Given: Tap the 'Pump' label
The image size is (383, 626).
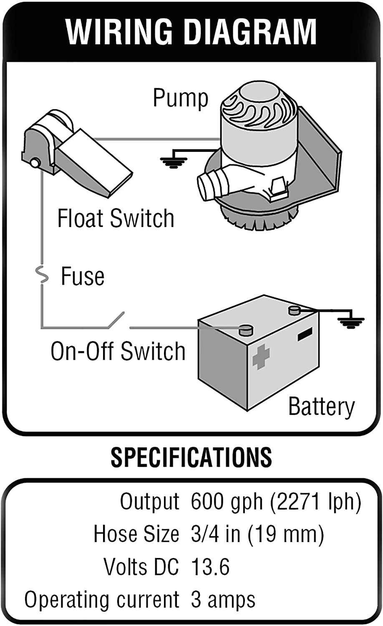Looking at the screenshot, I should pyautogui.click(x=180, y=98).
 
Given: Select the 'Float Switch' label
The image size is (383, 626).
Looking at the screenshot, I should pyautogui.click(x=116, y=218).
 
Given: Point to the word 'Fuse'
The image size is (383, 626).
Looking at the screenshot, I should pyautogui.click(x=83, y=276).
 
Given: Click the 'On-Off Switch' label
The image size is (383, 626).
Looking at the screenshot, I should pyautogui.click(x=118, y=351).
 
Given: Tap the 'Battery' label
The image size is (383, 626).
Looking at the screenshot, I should pyautogui.click(x=321, y=406).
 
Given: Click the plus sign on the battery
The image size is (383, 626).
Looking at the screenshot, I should pyautogui.click(x=261, y=357).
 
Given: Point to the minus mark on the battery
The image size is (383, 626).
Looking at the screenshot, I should pyautogui.click(x=305, y=334).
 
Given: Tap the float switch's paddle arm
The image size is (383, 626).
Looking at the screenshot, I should pyautogui.click(x=94, y=163).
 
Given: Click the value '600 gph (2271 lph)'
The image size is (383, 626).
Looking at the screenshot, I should pyautogui.click(x=275, y=501).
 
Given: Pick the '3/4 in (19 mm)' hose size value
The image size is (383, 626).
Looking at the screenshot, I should pyautogui.click(x=257, y=534).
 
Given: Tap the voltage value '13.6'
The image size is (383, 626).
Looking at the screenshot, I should pyautogui.click(x=210, y=567).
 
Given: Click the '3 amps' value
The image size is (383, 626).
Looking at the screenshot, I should pyautogui.click(x=223, y=600).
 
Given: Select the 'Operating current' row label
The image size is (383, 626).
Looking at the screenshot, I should pyautogui.click(x=102, y=600).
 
